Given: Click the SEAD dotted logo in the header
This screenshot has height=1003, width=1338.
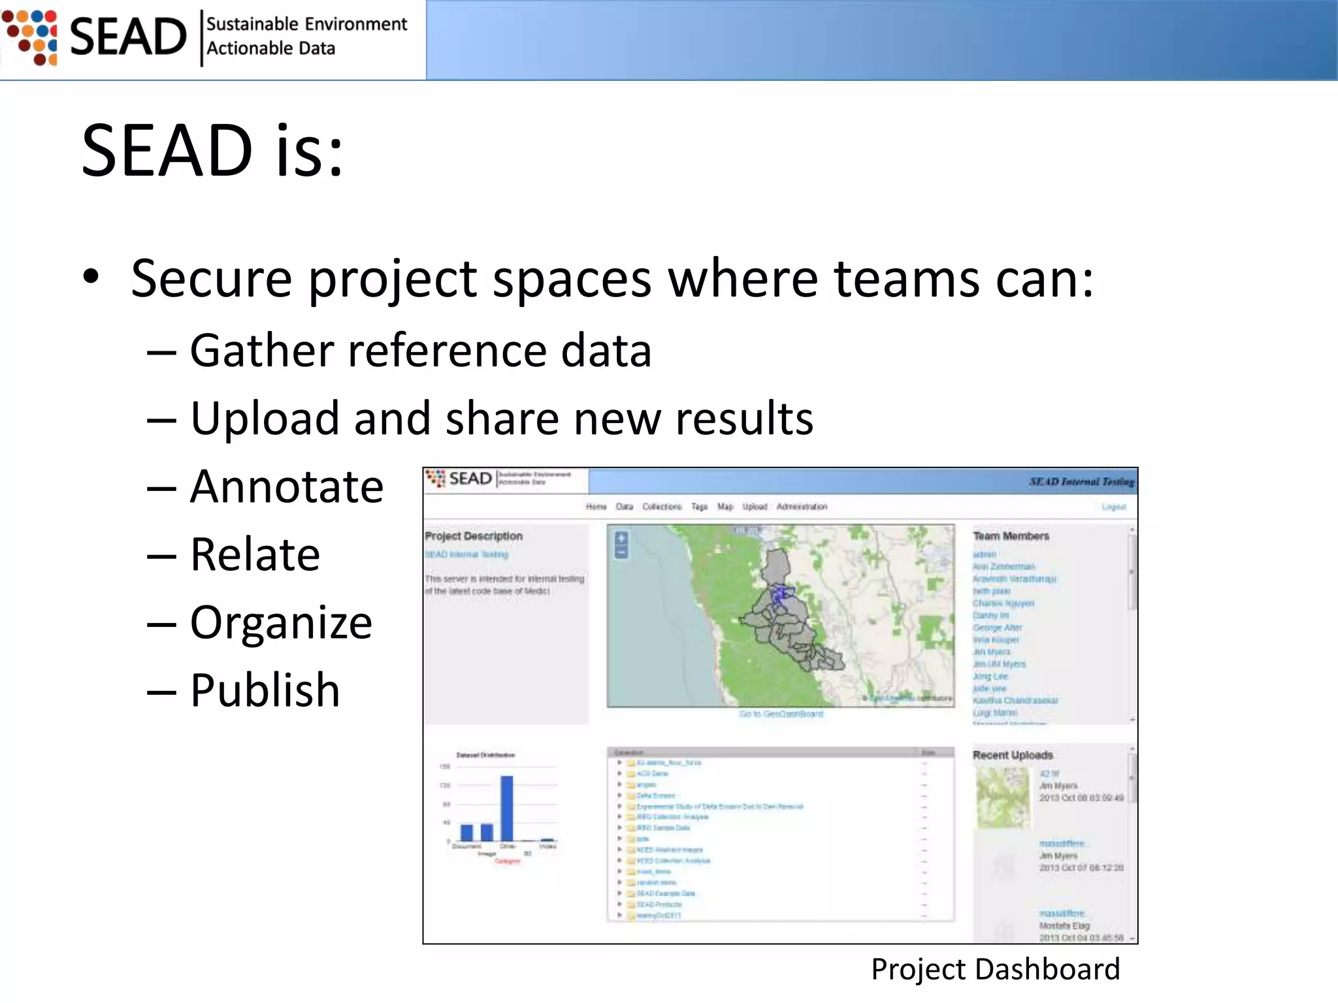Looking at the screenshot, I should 30,37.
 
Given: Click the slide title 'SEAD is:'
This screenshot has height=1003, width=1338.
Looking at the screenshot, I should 212,151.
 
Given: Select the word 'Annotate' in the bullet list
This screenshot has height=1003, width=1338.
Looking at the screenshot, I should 286,487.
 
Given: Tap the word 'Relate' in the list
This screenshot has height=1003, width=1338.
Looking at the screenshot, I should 255,555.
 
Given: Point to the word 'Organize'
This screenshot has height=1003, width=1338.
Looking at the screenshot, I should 281,622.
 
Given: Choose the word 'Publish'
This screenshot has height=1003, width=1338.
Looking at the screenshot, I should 265,690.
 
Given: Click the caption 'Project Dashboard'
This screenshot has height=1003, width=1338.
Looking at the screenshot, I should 995,969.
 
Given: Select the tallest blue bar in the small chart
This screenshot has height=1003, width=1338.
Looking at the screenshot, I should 507,808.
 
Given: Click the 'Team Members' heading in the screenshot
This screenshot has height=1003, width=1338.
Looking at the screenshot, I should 1011,536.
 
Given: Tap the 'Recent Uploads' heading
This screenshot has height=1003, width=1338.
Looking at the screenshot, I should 1013,755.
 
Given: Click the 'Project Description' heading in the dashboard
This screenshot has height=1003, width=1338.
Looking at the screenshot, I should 474,536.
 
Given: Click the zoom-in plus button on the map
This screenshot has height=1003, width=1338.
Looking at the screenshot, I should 621,538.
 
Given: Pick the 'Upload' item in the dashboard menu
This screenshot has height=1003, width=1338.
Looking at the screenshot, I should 755,507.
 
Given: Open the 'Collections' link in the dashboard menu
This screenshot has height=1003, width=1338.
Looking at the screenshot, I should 661,507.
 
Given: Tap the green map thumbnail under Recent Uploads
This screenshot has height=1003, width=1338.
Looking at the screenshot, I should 1003,797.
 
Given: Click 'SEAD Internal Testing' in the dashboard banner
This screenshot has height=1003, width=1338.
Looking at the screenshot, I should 1081,482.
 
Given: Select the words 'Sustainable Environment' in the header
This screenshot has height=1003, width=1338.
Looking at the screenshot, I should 306,24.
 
